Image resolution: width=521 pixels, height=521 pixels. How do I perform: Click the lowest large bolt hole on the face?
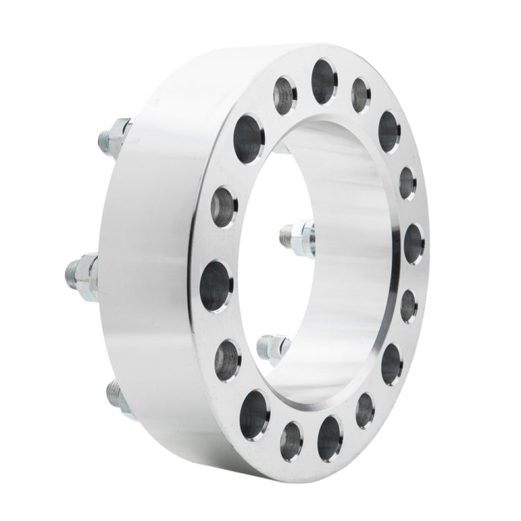tap(329, 434)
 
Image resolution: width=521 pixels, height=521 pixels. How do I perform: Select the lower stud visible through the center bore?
tap(272, 346)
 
